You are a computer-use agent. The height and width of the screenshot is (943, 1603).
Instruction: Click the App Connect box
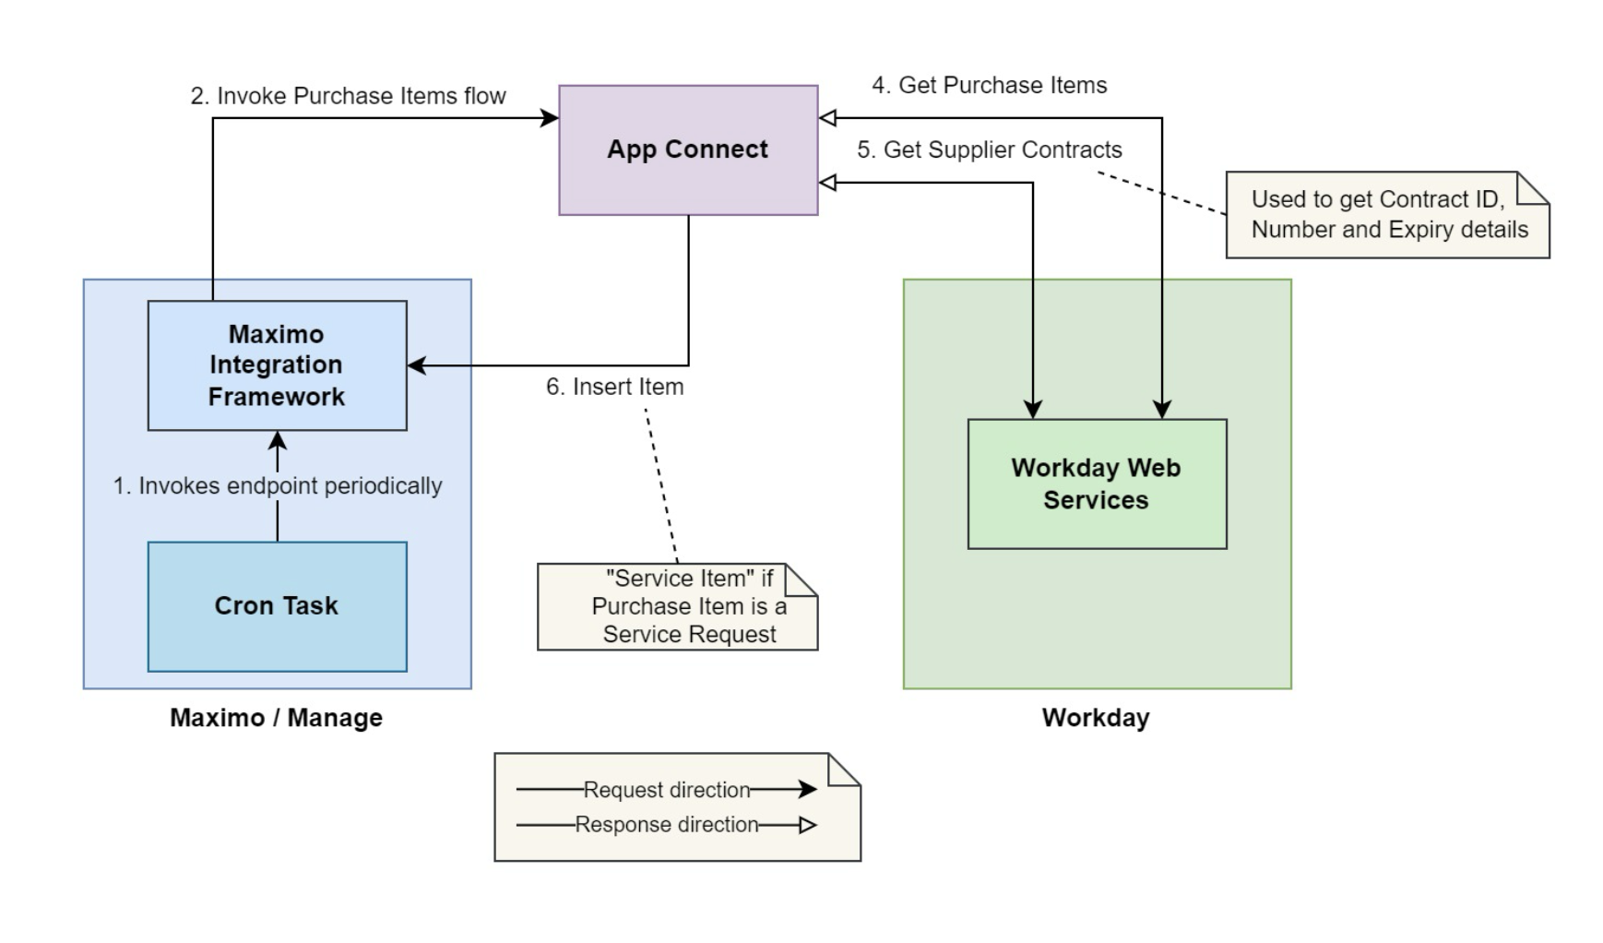pyautogui.click(x=688, y=150)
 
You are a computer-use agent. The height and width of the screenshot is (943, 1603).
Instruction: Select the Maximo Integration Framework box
pyautogui.click(x=277, y=365)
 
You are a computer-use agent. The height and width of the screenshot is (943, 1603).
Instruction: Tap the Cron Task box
pyautogui.click(x=277, y=606)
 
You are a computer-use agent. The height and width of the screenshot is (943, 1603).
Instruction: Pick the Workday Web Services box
pyautogui.click(x=1097, y=484)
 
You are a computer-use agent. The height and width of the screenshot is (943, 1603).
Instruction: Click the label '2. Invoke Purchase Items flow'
pyautogui.click(x=348, y=96)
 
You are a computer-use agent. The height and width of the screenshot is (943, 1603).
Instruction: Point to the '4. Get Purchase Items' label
pyautogui.click(x=990, y=85)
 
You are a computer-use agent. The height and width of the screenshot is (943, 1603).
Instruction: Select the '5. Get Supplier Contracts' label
pyautogui.click(x=990, y=149)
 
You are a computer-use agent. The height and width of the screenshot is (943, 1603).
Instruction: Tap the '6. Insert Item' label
pyautogui.click(x=615, y=387)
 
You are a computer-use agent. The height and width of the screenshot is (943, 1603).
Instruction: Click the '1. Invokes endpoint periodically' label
pyautogui.click(x=278, y=485)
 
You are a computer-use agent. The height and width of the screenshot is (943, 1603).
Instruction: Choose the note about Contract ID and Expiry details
pyautogui.click(x=1388, y=215)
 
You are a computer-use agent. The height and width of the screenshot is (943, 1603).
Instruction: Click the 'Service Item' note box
pyautogui.click(x=678, y=606)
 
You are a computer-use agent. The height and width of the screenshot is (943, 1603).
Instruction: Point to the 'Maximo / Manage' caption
pyautogui.click(x=276, y=718)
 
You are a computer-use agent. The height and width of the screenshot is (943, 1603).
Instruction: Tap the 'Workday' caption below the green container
pyautogui.click(x=1096, y=718)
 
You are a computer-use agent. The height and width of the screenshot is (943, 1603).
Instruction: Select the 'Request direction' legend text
pyautogui.click(x=667, y=790)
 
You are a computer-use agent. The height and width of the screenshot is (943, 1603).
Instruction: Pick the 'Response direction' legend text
pyautogui.click(x=667, y=825)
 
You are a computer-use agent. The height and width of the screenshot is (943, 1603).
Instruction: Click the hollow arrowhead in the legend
pyautogui.click(x=808, y=825)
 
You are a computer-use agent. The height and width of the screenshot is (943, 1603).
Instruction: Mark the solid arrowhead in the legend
pyautogui.click(x=808, y=789)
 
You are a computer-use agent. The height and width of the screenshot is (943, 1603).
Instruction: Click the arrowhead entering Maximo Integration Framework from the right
pyautogui.click(x=417, y=365)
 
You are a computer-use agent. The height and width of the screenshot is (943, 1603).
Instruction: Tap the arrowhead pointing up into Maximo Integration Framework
pyautogui.click(x=278, y=439)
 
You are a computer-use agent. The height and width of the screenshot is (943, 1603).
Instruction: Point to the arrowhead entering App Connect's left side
pyautogui.click(x=550, y=118)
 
